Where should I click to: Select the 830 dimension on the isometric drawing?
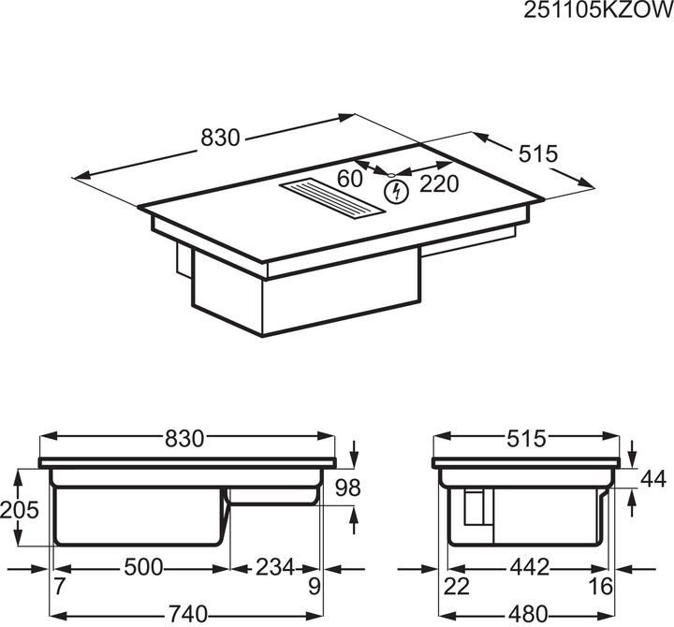(221, 139)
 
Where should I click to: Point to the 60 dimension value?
(350, 179)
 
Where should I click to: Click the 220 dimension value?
(439, 183)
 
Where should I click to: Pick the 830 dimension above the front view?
(186, 438)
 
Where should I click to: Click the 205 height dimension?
(21, 511)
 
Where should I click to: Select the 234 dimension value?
(274, 567)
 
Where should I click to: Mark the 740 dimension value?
(186, 615)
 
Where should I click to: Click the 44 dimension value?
(654, 480)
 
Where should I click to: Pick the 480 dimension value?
(531, 615)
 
